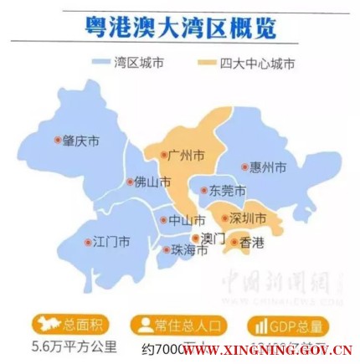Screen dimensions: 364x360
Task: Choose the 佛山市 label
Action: tap(152, 182)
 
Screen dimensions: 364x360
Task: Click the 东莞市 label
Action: tap(227, 191)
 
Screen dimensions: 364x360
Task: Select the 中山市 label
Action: tap(187, 221)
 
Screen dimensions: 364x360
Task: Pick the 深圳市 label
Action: tap(248, 219)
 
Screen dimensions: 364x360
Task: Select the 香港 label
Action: tap(251, 244)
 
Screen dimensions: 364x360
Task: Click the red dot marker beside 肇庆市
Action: tap(57, 141)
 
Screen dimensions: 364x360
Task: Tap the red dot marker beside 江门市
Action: tap(88, 243)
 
